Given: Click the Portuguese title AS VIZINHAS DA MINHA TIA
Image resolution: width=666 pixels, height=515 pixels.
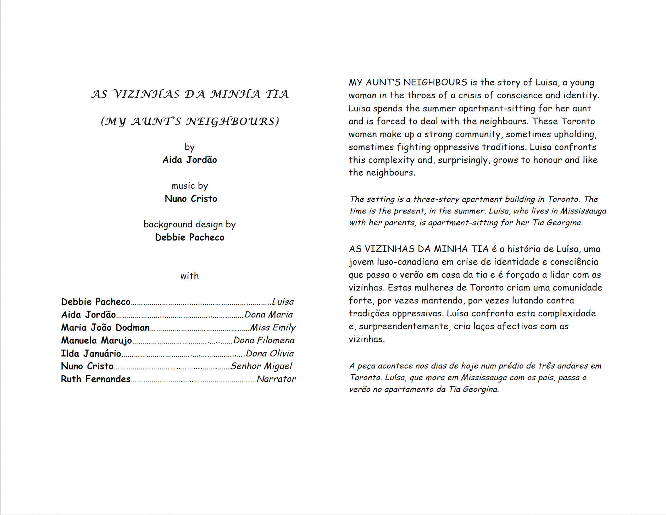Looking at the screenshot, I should coord(190,94).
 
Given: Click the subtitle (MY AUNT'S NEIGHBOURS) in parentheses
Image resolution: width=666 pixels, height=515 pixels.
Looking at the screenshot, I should coord(190,121).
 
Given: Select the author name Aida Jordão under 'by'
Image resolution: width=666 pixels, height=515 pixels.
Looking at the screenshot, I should coord(190,160).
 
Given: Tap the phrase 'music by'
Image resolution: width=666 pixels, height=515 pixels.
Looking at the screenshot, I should coord(190,186).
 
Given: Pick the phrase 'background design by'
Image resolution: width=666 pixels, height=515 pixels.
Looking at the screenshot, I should coord(190,225).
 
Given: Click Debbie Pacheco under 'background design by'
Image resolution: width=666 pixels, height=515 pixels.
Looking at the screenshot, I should coord(190,237).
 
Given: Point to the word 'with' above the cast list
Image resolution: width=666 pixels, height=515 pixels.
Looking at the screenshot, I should coord(190,276).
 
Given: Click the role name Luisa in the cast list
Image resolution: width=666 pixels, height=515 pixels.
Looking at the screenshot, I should coord(283,302).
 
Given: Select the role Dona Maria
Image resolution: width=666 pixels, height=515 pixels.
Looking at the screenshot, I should coord(269,315).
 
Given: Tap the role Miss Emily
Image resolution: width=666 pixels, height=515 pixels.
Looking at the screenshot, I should coord(273,328).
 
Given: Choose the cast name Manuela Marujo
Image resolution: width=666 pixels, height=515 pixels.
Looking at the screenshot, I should coord(96,340).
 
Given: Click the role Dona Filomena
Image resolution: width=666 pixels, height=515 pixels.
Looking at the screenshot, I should coord(264,340).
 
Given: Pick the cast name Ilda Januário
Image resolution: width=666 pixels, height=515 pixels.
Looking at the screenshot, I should coord(91,354).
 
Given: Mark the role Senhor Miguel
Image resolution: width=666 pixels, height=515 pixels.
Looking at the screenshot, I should coord(261,366).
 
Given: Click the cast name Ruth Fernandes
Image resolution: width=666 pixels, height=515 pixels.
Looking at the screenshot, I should coord(96,379).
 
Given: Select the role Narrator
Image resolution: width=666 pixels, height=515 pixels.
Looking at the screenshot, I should coord(276,379).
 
